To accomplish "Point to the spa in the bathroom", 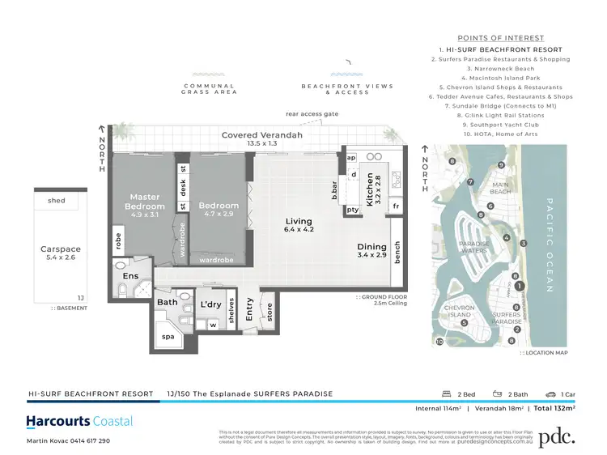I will tap(168, 335).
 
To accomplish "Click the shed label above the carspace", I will tap(57, 201).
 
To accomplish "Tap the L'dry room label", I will tap(210, 304).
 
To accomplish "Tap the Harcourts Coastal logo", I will tap(79, 421).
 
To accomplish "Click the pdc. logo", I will tap(557, 436).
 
